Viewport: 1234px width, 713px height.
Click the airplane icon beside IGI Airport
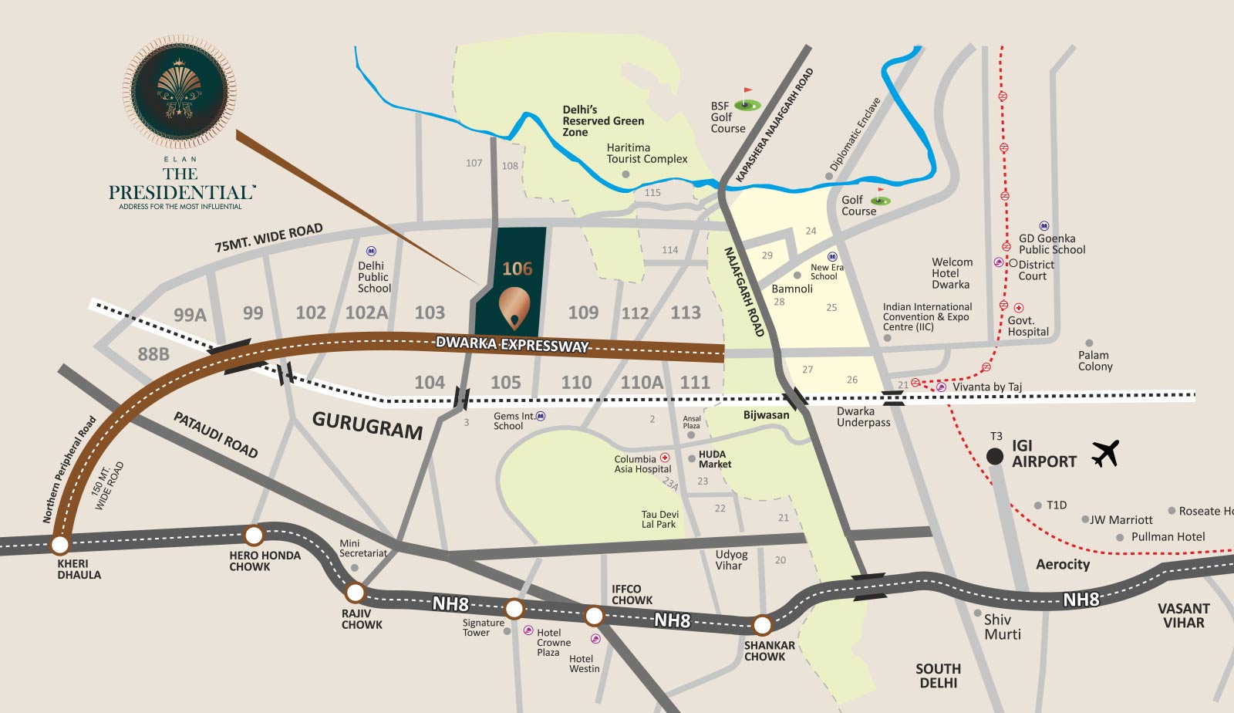(x=1105, y=454)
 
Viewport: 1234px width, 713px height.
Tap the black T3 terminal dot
(x=995, y=456)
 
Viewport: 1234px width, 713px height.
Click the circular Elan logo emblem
(x=180, y=92)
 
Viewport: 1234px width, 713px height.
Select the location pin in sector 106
(x=514, y=307)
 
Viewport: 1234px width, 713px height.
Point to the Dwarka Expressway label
(x=512, y=345)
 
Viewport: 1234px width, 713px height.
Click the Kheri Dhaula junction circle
(x=59, y=545)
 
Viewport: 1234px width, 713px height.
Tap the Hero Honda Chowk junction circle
(x=254, y=535)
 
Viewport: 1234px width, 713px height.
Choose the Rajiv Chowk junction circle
(x=355, y=593)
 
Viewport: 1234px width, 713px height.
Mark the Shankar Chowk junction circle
(x=762, y=624)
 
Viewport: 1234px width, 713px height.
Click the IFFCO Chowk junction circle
(x=594, y=615)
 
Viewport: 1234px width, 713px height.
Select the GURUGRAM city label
(x=367, y=425)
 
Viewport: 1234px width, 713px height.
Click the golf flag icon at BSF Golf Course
(x=747, y=101)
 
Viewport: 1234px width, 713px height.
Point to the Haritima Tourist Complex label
(x=646, y=153)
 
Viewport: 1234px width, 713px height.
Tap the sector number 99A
(x=190, y=315)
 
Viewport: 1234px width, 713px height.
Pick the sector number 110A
(x=642, y=382)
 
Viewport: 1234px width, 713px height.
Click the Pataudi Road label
(x=215, y=434)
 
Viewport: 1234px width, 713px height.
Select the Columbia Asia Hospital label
(x=642, y=464)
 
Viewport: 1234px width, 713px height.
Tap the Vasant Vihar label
(x=1183, y=615)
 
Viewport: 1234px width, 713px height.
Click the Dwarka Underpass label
(x=863, y=417)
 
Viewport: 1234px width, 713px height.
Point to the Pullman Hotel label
(x=1168, y=536)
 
